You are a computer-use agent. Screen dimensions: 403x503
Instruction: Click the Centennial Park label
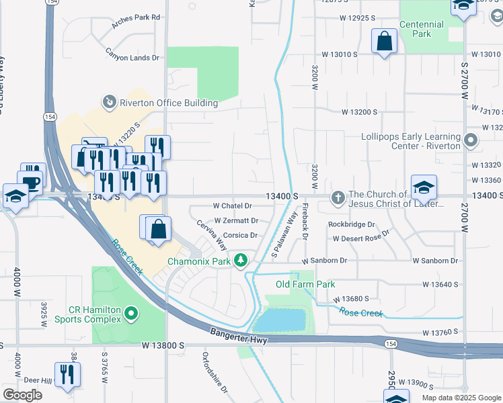(x=422, y=29)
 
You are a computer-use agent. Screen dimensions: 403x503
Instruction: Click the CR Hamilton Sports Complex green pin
(x=132, y=314)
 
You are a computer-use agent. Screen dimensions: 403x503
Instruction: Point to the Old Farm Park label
(x=305, y=285)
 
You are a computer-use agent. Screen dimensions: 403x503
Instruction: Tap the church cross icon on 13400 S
(x=338, y=199)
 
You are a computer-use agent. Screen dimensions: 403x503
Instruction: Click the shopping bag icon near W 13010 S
(x=383, y=41)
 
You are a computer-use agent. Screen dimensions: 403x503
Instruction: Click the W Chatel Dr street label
(x=232, y=206)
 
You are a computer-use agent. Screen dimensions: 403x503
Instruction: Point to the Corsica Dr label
(x=241, y=236)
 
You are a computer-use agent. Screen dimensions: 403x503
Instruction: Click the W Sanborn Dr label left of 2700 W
(x=435, y=261)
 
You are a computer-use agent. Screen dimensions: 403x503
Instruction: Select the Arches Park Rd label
(x=137, y=17)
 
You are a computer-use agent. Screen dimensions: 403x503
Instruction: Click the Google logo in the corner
(x=22, y=395)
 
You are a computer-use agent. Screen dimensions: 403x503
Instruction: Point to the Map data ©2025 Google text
(x=460, y=398)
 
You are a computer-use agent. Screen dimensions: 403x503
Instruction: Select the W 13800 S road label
(x=163, y=345)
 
